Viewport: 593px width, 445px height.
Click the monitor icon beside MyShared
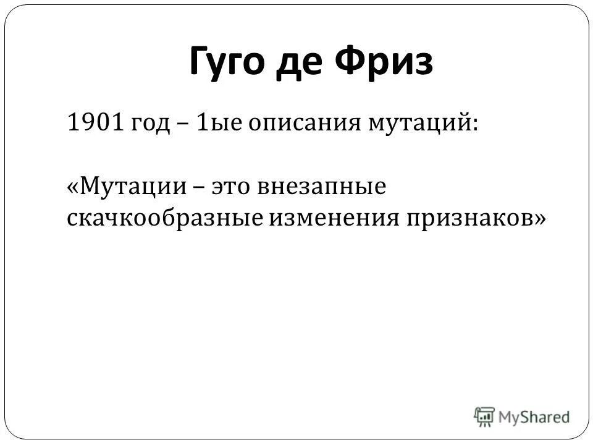[485, 415]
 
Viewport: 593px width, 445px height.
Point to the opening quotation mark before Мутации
[71, 187]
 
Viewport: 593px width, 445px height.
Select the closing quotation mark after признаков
[539, 219]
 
